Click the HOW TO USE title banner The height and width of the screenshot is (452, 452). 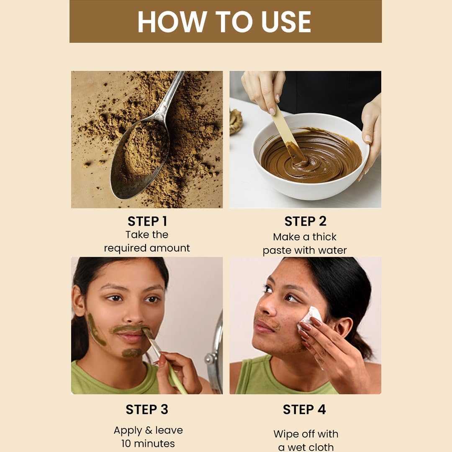point(225,21)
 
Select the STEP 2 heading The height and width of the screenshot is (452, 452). point(305,221)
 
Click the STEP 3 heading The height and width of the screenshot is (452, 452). point(147,410)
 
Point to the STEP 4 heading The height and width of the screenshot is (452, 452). point(304,410)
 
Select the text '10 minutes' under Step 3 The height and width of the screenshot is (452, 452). point(148,443)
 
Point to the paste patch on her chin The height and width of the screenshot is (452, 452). point(132,353)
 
